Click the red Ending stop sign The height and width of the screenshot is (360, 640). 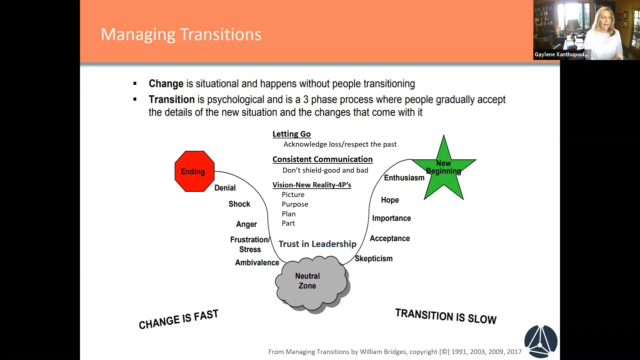tap(194, 171)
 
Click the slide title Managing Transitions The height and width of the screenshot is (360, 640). tap(181, 34)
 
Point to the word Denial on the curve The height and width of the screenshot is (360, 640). tap(225, 188)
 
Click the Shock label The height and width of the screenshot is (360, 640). tap(239, 204)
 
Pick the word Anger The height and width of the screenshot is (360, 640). tap(246, 224)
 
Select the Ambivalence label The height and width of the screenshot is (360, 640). tap(257, 263)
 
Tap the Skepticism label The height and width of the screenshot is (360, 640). tap(374, 259)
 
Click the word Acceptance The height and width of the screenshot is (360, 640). tap(390, 239)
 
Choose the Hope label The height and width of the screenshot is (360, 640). tap(390, 200)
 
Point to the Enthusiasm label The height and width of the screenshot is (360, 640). tap(404, 178)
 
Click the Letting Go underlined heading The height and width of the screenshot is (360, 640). tap(291, 134)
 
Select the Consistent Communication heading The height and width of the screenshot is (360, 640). tap(322, 159)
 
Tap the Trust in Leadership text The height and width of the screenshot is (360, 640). tap(317, 244)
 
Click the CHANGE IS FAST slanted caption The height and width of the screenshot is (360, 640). tap(178, 319)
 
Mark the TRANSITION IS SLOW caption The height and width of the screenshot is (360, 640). tap(446, 316)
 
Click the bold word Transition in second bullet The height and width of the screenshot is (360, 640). tap(172, 100)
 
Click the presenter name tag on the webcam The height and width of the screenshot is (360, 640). tap(561, 54)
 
